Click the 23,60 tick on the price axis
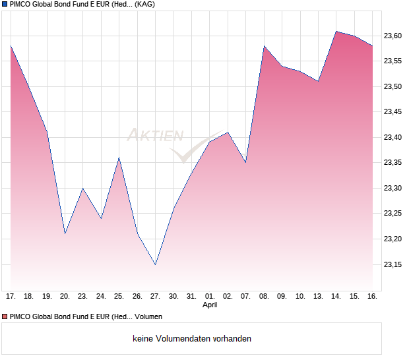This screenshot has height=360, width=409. pyautogui.click(x=393, y=36)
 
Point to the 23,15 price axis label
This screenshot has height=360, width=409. pyautogui.click(x=393, y=264)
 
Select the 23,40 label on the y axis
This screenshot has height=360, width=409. pyautogui.click(x=393, y=137)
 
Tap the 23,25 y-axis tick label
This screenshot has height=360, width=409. pyautogui.click(x=393, y=214)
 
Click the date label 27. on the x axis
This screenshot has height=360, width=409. pyautogui.click(x=155, y=296)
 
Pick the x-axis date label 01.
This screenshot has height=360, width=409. pyautogui.click(x=210, y=296)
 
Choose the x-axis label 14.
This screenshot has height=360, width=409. pyautogui.click(x=336, y=296)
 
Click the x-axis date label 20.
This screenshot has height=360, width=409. pyautogui.click(x=65, y=296)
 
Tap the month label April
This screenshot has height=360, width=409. pyautogui.click(x=210, y=305)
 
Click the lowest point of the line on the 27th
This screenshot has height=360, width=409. pyautogui.click(x=155, y=264)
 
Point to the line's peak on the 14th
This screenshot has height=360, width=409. pyautogui.click(x=336, y=31)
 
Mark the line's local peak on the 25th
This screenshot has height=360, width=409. pyautogui.click(x=119, y=158)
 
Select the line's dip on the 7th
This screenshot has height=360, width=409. pyautogui.click(x=245, y=162)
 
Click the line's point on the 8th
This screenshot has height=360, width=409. pyautogui.click(x=264, y=46)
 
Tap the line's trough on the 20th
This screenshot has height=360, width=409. pyautogui.click(x=65, y=233)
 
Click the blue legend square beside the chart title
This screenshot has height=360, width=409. pyautogui.click(x=5, y=5)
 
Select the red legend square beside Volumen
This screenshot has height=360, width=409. pyautogui.click(x=5, y=317)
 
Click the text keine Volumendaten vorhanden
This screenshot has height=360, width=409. pyautogui.click(x=192, y=339)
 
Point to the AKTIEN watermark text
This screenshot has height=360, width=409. pyautogui.click(x=155, y=136)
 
